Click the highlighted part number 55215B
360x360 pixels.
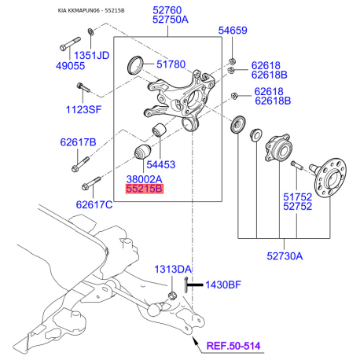(x=145, y=189)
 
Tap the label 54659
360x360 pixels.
(x=233, y=31)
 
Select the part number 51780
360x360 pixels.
(x=171, y=64)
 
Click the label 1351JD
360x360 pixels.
(x=91, y=56)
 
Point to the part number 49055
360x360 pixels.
(x=70, y=66)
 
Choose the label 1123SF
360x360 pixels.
(x=83, y=109)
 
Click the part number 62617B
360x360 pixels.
(x=78, y=142)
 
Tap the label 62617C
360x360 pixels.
(x=94, y=204)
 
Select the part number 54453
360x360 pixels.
(x=161, y=164)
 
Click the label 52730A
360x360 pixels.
(x=285, y=256)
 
